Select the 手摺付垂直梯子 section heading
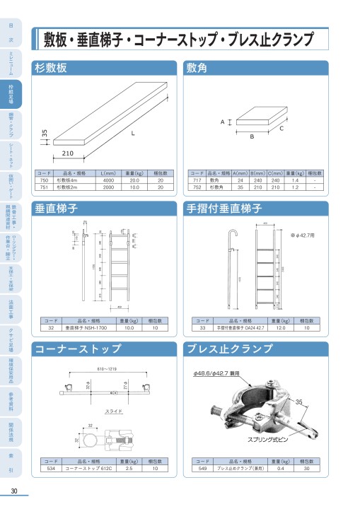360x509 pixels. click(x=224, y=209)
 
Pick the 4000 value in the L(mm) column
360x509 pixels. click(x=108, y=180)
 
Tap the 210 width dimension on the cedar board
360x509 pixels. click(x=68, y=153)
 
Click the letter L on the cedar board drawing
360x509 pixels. click(x=132, y=132)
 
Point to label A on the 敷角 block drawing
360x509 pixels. click(x=222, y=122)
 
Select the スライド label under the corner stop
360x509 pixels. click(x=114, y=410)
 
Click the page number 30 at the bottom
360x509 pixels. click(x=14, y=492)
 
